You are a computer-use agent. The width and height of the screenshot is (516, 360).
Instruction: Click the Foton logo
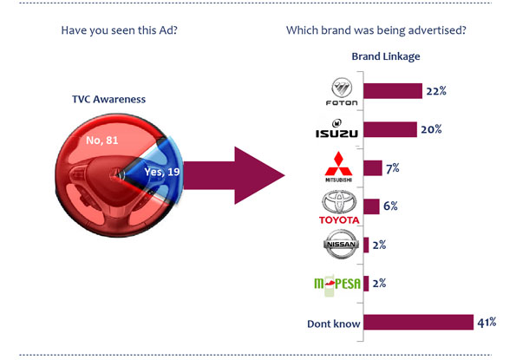coord(342,91)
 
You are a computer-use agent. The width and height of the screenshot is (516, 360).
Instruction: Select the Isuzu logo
coord(336,128)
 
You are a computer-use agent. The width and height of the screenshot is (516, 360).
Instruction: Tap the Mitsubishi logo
coord(338,167)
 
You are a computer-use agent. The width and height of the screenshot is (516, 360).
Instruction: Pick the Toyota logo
coord(339,207)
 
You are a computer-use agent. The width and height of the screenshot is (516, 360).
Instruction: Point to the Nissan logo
coord(341,244)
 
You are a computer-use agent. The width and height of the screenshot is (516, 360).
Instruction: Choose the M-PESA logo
coord(337,284)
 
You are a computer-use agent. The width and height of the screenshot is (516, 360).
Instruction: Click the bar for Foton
coord(393,91)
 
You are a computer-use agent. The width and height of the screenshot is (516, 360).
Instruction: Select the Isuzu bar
coord(390,129)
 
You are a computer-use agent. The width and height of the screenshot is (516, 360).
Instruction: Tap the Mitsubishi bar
coord(373,167)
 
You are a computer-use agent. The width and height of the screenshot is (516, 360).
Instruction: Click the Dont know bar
coord(419,322)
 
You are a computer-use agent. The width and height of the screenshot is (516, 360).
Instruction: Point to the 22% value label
coord(436,91)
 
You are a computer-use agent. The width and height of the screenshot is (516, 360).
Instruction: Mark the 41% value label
coord(487,322)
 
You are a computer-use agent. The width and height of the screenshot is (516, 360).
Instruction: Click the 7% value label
coord(393,168)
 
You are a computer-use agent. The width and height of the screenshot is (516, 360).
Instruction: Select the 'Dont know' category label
coord(334,324)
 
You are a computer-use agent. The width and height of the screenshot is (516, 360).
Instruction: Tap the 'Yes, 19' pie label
coord(162,172)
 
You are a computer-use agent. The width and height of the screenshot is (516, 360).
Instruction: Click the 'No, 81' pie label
coord(102,141)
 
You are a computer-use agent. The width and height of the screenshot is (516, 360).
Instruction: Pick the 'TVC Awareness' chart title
coord(108,99)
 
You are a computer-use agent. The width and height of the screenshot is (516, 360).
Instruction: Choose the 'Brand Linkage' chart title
coord(386,56)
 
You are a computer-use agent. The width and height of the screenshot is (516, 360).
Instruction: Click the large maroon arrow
coord(234,175)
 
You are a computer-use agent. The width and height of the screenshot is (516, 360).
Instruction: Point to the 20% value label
coord(431,129)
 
